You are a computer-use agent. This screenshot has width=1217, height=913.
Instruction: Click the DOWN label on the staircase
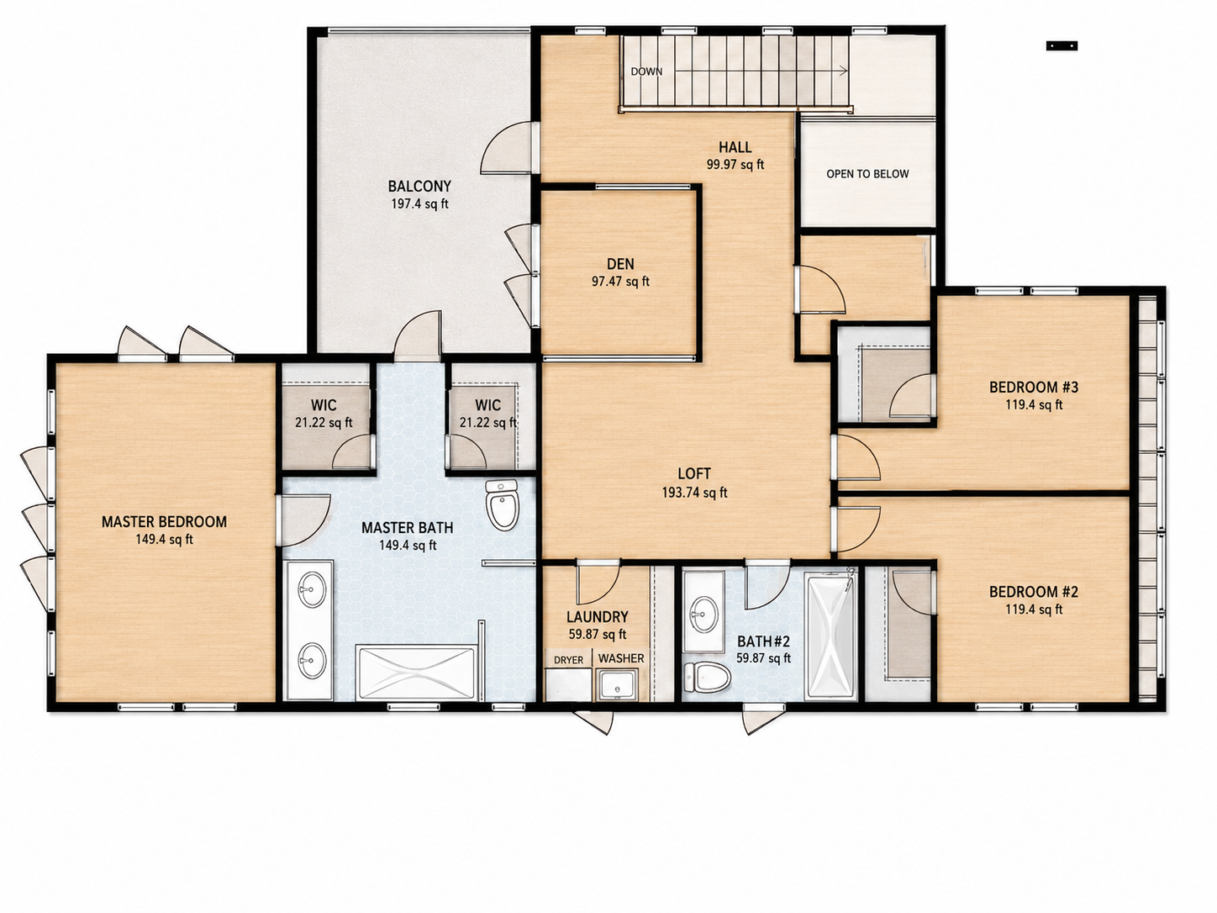click(x=646, y=71)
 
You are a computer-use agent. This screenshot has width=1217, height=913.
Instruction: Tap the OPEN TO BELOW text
click(x=867, y=174)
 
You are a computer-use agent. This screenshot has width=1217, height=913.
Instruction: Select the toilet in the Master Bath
click(x=502, y=505)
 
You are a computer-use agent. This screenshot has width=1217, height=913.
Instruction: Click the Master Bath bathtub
click(x=416, y=673)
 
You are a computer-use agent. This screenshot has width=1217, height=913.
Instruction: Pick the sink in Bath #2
click(x=704, y=614)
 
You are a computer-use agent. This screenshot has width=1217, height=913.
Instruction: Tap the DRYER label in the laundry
click(x=568, y=660)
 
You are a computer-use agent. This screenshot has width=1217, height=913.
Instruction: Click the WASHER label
click(x=621, y=658)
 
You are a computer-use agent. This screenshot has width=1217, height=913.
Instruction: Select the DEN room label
click(x=620, y=264)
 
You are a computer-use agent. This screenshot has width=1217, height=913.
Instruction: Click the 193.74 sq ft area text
click(x=694, y=493)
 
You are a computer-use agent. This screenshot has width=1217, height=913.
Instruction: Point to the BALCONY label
click(x=419, y=187)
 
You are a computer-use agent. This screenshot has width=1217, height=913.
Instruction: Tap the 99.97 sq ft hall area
click(x=735, y=165)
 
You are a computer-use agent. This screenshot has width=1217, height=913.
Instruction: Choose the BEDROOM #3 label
click(x=1034, y=387)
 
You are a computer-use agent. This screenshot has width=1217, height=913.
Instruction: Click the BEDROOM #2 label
click(x=1034, y=592)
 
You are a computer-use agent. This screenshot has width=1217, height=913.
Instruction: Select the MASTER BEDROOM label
click(x=164, y=521)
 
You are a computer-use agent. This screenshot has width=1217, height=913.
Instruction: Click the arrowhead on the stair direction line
click(x=843, y=71)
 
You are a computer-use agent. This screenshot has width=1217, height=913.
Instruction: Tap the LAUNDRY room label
click(x=597, y=617)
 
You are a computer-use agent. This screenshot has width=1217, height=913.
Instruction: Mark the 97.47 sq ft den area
click(x=620, y=282)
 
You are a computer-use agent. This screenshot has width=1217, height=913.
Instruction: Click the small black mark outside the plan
click(x=1062, y=46)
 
